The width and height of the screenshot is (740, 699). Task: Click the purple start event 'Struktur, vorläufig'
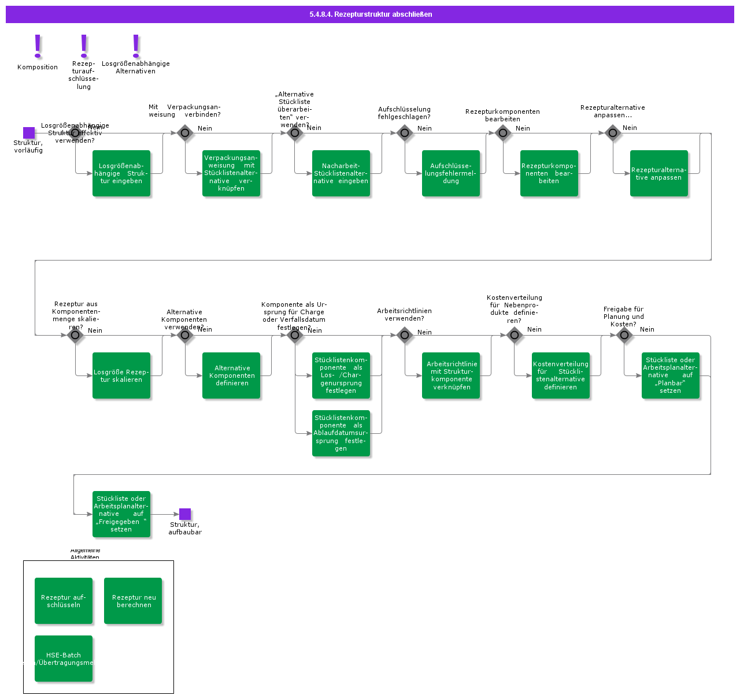point(29,133)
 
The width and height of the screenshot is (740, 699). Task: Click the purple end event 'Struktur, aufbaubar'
point(185,514)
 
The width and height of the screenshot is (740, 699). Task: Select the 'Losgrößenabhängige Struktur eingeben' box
point(121,173)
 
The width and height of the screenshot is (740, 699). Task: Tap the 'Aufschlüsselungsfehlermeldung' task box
point(451,173)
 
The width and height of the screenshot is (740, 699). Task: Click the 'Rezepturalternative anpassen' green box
point(659,173)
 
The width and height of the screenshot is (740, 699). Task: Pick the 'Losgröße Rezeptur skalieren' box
point(121,375)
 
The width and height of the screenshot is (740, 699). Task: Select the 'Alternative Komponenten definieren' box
point(231,375)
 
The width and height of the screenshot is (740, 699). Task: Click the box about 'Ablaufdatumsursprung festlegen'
point(341,433)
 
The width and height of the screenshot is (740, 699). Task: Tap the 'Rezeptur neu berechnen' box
point(133,601)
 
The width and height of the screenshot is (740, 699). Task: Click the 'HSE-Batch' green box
point(64,659)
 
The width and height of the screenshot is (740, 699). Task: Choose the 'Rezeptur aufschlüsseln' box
point(64,601)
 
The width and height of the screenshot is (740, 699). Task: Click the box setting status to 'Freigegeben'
point(121,514)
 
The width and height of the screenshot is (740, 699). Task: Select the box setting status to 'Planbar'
point(671,375)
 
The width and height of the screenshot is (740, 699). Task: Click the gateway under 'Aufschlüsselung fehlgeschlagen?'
point(405,133)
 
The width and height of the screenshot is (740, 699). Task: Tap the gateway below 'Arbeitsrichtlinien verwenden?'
point(405,335)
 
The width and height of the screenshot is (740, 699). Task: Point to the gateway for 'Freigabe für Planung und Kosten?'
point(624,335)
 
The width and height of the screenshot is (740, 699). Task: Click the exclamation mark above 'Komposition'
point(38,46)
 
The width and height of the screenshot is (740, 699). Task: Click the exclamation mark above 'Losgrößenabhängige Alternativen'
point(136,46)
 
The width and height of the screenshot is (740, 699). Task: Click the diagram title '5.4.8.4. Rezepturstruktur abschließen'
point(371,14)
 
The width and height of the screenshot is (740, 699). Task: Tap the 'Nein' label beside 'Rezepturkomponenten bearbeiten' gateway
point(523,128)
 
